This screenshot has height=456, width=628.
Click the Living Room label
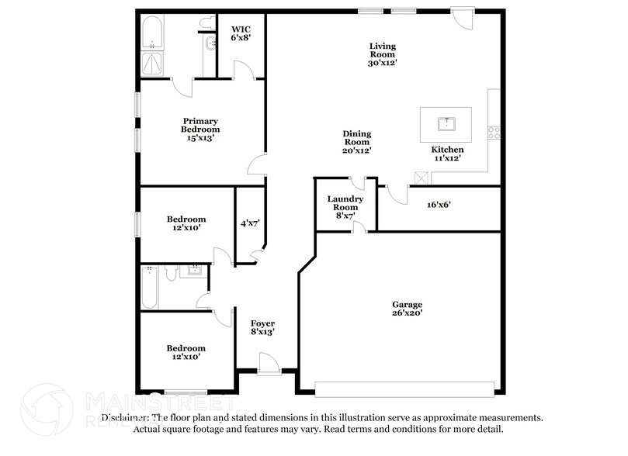(x=382, y=54)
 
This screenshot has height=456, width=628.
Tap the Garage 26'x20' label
(x=407, y=309)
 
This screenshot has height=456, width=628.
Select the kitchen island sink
(x=446, y=123)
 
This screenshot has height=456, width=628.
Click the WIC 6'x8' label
(x=240, y=33)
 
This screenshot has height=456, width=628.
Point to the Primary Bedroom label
(x=200, y=130)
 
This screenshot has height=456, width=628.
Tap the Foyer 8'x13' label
(x=262, y=327)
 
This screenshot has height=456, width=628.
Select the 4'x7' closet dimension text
(x=249, y=223)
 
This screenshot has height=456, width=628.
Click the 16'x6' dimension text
(x=439, y=206)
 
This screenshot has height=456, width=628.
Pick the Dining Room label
(x=357, y=142)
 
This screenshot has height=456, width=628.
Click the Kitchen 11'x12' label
(x=447, y=154)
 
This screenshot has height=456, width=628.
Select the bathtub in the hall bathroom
(x=150, y=288)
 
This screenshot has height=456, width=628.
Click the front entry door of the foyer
(x=269, y=363)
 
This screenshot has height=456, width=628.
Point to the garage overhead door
(x=406, y=387)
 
